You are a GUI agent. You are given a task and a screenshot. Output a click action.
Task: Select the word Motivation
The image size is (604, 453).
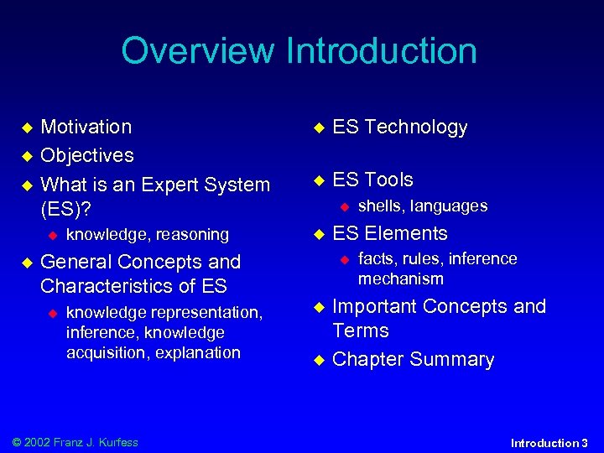click(x=86, y=128)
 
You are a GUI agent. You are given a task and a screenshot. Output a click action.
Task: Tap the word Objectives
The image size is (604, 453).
click(x=87, y=156)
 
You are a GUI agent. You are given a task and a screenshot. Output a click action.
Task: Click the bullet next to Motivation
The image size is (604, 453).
click(x=26, y=128)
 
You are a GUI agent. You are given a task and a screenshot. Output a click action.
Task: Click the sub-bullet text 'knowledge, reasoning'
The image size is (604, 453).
click(x=148, y=235)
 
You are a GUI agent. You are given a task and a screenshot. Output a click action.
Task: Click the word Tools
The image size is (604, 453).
click(x=388, y=180)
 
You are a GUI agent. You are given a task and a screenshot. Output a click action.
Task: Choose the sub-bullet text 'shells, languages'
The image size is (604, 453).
click(x=423, y=206)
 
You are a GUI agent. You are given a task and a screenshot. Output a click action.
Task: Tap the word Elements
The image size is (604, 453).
click(x=406, y=233)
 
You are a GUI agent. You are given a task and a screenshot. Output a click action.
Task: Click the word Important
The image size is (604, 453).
click(x=375, y=306)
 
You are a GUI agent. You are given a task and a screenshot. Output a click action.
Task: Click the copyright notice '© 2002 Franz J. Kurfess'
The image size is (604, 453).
click(x=70, y=442)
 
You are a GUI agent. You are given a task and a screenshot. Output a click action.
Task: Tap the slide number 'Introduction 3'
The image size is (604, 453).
click(x=549, y=442)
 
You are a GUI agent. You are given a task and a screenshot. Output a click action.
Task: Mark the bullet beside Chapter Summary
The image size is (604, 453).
click(x=318, y=360)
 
